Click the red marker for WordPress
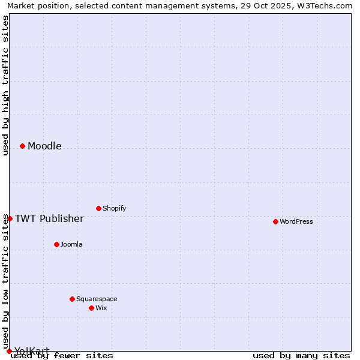point(275,221)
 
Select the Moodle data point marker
point(22,146)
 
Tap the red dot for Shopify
point(98,208)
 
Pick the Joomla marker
point(56,244)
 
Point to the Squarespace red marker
point(72,299)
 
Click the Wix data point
point(91,308)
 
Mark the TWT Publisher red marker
point(10,218)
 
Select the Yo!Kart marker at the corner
point(9,351)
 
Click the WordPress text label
point(296,221)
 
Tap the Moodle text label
point(44,146)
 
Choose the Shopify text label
point(114,208)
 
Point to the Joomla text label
point(71,244)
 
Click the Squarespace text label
point(97,299)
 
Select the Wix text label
point(101,308)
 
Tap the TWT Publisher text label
point(49,218)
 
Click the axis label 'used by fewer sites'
point(62,356)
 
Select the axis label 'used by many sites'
point(301,356)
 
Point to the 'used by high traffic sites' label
point(5,85)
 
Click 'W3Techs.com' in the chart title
point(329,5)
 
